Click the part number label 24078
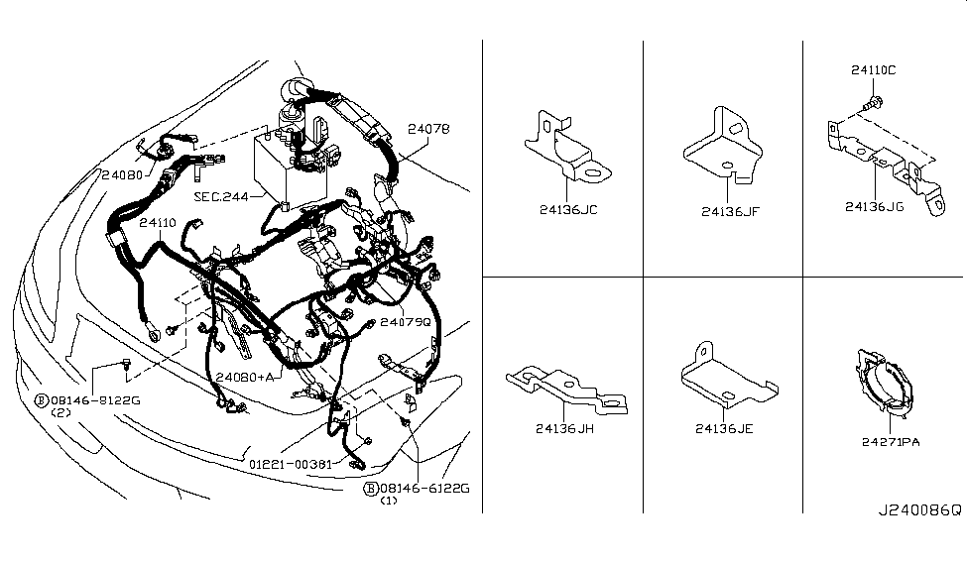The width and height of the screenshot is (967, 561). point(428,129)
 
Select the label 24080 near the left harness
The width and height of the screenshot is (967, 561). point(122,175)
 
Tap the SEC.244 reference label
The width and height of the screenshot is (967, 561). point(221,196)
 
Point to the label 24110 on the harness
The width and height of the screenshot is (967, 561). point(158,223)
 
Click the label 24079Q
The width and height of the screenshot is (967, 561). point(406,322)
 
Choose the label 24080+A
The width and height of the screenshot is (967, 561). point(244,377)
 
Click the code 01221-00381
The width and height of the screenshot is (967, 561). point(291,464)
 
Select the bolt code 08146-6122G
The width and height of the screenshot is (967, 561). point(424,489)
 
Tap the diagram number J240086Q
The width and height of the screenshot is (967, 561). point(920,510)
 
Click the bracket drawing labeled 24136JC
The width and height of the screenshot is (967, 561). point(567,147)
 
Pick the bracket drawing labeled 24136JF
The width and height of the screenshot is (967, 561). point(723,146)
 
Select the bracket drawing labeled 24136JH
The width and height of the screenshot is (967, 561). point(566,391)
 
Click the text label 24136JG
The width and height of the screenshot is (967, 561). point(875,207)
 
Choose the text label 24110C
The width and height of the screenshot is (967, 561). point(873,70)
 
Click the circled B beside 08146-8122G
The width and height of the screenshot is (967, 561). point(42,400)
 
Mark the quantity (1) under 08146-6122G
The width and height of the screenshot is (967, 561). point(388,501)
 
